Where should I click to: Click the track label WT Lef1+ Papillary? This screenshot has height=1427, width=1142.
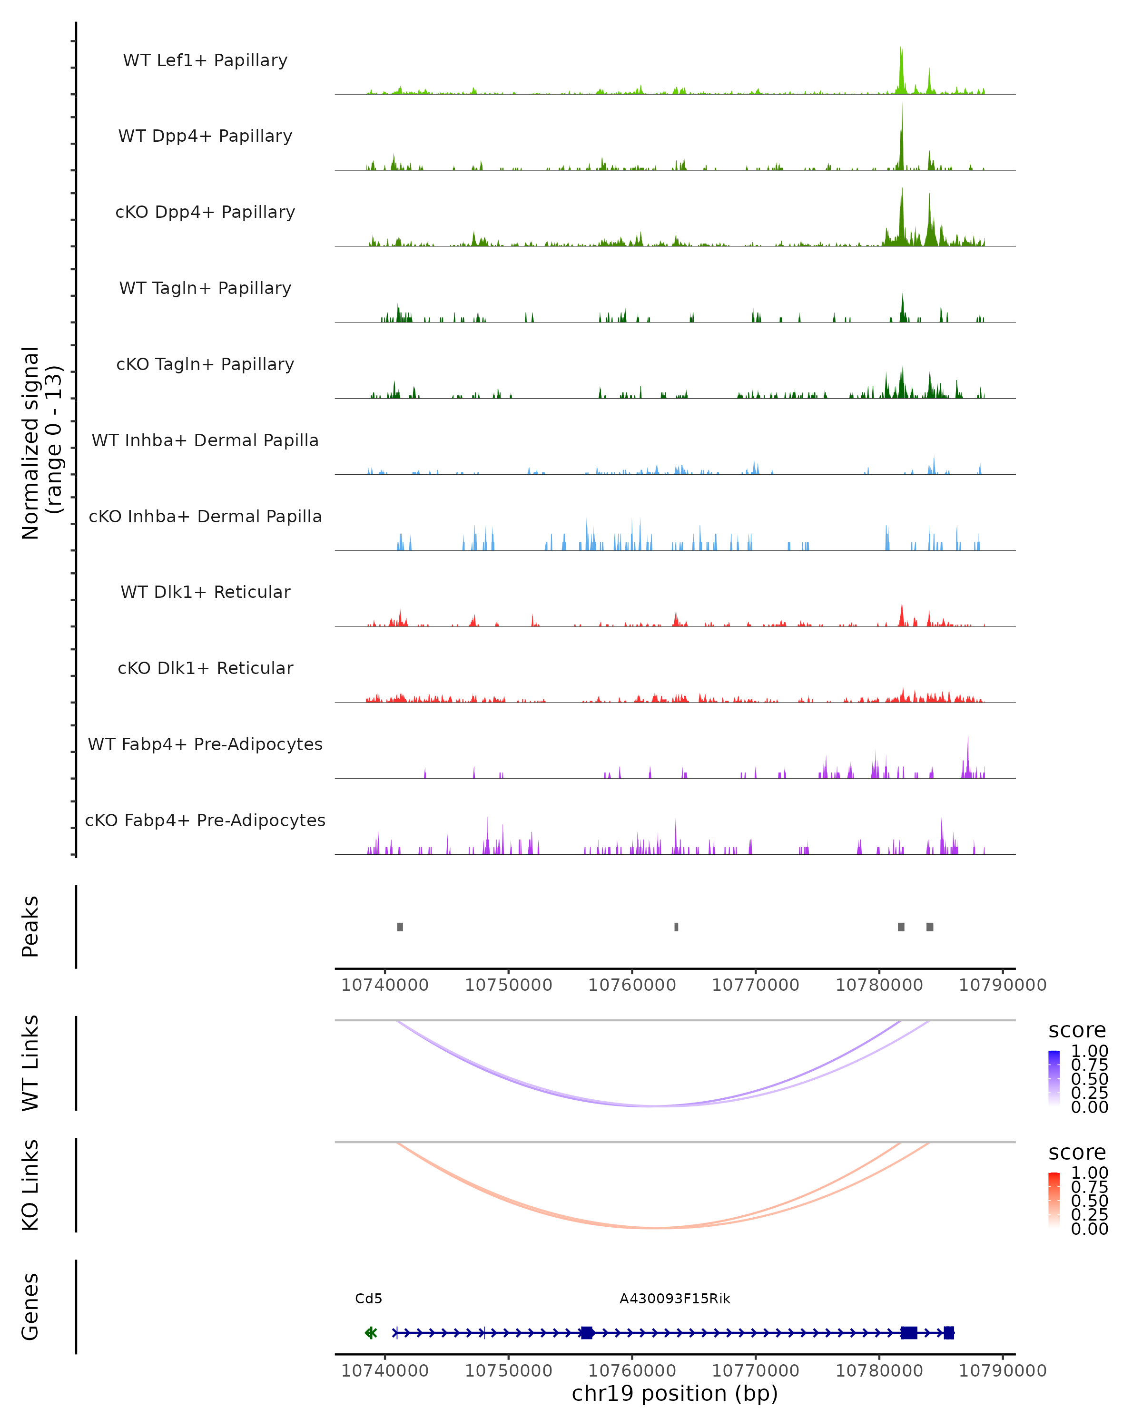point(205,60)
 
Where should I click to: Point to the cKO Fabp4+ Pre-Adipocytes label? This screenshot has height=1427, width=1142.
point(205,820)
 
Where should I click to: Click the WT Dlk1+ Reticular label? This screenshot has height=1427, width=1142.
point(205,592)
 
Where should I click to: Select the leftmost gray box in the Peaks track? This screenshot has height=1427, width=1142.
point(400,927)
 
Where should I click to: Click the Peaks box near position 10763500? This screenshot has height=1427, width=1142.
point(676,927)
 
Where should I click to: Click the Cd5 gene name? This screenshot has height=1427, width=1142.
point(369,1299)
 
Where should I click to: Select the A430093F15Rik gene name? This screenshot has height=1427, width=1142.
point(675,1299)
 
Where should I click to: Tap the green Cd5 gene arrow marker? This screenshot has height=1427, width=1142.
point(371,1333)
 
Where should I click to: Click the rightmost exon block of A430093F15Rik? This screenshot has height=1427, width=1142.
point(949,1333)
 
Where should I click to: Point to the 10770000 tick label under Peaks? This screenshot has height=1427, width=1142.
point(755,986)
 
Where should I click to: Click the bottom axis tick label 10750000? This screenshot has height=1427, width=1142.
point(509,1371)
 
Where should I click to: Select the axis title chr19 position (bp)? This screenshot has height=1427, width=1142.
point(675,1394)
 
